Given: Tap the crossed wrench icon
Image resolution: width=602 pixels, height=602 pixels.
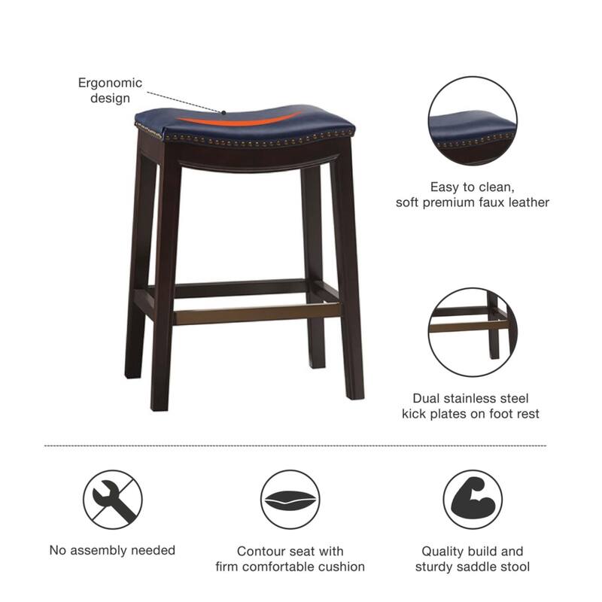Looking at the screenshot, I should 113,498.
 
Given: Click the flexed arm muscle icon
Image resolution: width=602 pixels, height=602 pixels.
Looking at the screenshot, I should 473,498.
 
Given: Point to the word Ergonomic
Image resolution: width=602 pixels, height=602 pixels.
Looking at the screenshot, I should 110,83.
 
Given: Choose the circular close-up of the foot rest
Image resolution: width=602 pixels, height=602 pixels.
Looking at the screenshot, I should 473,332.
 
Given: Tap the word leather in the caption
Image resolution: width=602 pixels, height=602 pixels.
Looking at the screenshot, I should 529,202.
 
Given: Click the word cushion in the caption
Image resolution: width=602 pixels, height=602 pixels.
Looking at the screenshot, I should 342,566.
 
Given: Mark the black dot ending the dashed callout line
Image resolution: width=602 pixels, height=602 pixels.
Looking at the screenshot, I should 224,111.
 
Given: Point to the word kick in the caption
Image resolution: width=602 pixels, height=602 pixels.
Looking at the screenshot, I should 415,413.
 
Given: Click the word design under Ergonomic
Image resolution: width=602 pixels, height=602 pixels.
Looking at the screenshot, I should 110,98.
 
